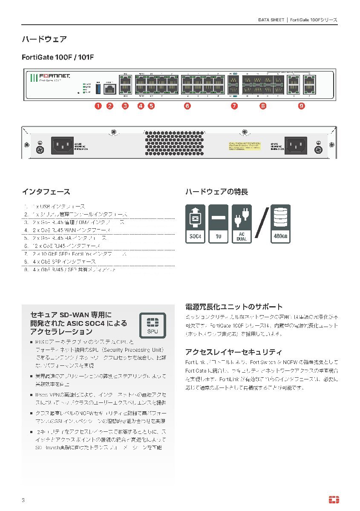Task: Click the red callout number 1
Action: (98, 106)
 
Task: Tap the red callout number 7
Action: (234, 106)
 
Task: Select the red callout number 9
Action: (302, 106)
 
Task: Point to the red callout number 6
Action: (187, 106)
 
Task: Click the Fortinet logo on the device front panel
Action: (55, 76)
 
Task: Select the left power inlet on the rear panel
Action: (63, 146)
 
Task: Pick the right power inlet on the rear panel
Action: (296, 146)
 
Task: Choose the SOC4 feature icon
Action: (195, 224)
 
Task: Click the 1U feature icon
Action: (219, 224)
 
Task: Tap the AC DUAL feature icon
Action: (242, 224)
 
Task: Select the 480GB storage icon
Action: (280, 224)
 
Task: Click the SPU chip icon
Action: (153, 325)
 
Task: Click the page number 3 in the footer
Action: (23, 500)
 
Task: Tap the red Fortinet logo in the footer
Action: (334, 500)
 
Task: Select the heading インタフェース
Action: (46, 192)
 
